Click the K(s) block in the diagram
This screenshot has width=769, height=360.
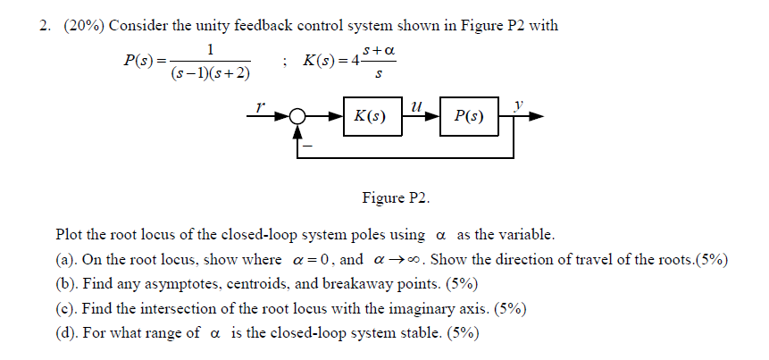[370, 118]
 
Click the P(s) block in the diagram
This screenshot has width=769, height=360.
[469, 118]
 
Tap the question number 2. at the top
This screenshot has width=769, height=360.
[45, 25]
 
